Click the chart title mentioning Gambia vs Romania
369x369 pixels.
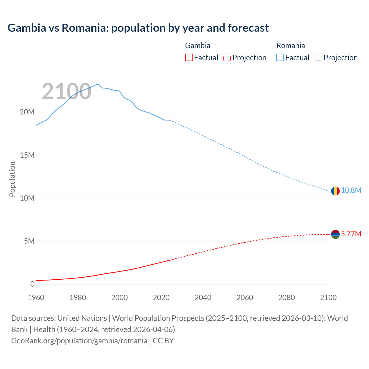[138, 28]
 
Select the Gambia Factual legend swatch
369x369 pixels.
[189, 58]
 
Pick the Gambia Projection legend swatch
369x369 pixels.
[227, 58]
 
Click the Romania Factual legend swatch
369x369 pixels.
[280, 58]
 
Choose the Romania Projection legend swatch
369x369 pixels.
[319, 58]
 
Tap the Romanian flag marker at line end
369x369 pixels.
[335, 191]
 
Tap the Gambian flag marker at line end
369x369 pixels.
[335, 234]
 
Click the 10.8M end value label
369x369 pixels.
[351, 191]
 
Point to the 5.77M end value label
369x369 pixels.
[351, 234]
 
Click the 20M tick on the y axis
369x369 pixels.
[27, 112]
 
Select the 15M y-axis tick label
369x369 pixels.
[27, 155]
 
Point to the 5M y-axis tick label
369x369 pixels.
[29, 241]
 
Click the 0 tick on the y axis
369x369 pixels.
[32, 284]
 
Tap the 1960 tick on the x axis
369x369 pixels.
[36, 298]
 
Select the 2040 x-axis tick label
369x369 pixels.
[203, 298]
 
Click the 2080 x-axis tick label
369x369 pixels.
[287, 298]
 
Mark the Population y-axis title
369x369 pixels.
[12, 179]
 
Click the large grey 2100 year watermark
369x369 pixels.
[67, 92]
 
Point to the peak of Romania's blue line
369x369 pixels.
[98, 84]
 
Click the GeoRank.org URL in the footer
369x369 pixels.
[79, 341]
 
